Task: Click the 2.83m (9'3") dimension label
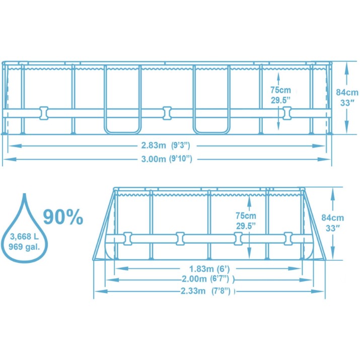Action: point(166,146)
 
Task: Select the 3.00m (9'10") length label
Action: point(167,159)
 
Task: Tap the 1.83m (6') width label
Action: point(209,269)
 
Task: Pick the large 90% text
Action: point(63,217)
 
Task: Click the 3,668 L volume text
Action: point(24,237)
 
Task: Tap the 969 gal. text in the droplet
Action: point(24,247)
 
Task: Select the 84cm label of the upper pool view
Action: point(347,92)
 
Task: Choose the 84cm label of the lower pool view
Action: point(332,218)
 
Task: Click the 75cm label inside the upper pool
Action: point(280,90)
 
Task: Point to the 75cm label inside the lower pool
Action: point(246,215)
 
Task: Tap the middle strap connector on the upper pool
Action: point(167,113)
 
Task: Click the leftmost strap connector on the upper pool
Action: point(44,113)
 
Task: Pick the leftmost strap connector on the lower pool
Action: point(128,239)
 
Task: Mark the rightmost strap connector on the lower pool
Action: point(288,239)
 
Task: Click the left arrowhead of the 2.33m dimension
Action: point(101,292)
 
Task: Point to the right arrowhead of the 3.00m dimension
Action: point(324,159)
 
